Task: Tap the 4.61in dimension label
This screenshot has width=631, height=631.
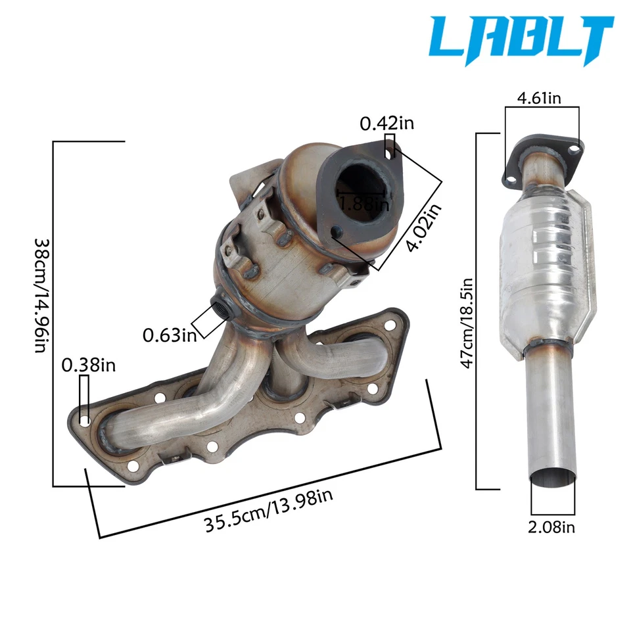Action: pos(539,98)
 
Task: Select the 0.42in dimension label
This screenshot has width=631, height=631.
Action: pos(386,123)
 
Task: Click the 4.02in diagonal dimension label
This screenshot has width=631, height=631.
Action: pos(424,227)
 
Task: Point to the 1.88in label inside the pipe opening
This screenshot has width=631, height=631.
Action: pos(363,204)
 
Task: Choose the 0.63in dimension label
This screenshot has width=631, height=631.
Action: pos(170,335)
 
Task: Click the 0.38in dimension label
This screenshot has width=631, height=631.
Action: pos(89,365)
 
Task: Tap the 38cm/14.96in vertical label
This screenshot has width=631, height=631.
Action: pos(42,296)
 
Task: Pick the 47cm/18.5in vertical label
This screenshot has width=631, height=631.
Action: pos(467,323)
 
